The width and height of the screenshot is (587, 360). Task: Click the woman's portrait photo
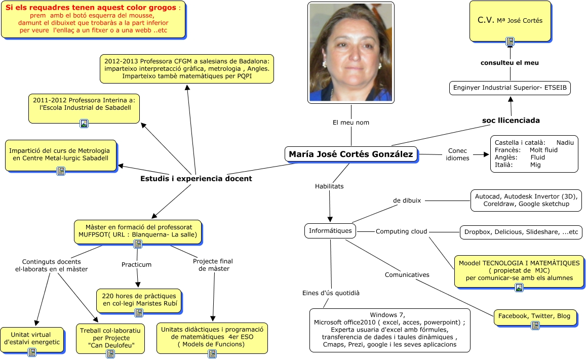pos(350,52)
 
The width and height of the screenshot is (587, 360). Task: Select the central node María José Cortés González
pos(351,154)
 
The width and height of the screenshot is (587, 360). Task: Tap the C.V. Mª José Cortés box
pos(510,20)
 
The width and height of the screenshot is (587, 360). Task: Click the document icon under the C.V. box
pos(510,41)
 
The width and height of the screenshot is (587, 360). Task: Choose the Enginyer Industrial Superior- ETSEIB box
pos(510,88)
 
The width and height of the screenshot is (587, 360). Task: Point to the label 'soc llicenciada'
pos(511,121)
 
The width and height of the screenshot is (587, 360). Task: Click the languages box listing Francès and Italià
pos(534,154)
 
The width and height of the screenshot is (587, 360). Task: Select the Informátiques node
pos(330,231)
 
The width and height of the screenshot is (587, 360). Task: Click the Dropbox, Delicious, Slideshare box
pos(520,232)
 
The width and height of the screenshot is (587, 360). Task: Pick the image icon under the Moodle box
pos(519,288)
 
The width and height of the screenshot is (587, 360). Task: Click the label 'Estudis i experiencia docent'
pos(196,179)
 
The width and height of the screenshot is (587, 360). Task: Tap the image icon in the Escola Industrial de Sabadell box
pos(84,123)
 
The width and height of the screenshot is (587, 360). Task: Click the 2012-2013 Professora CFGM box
pos(187,68)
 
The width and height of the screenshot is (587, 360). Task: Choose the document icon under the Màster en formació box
pos(137,244)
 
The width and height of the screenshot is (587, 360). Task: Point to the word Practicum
pos(136,264)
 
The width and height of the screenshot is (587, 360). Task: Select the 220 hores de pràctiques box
pos(138,300)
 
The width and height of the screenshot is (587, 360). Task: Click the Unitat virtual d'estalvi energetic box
pos(32,339)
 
